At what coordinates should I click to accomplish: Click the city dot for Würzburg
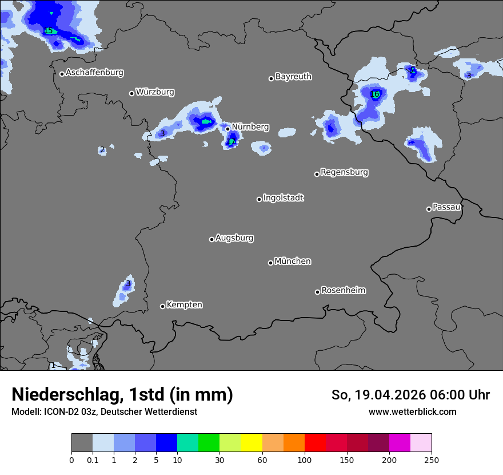point(131,93)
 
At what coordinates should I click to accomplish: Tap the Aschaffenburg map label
point(94,73)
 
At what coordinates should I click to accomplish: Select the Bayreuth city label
point(293,76)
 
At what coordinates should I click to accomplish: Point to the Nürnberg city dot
point(227,129)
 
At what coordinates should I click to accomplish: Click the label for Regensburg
point(344,172)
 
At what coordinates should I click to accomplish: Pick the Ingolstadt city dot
point(259,199)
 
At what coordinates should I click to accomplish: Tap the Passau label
point(446,207)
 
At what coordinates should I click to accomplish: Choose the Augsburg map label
point(234,237)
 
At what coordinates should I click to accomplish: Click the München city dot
point(270,263)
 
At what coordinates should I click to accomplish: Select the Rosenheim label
point(343,290)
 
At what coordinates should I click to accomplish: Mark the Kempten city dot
point(162,306)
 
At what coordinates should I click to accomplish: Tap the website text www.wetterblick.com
point(412,411)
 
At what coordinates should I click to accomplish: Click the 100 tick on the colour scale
point(304,460)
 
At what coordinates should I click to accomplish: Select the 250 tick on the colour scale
point(431,460)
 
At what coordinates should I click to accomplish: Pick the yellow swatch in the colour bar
point(251,443)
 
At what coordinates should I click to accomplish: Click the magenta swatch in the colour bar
point(400,443)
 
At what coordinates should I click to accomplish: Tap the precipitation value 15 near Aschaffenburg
point(49,30)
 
